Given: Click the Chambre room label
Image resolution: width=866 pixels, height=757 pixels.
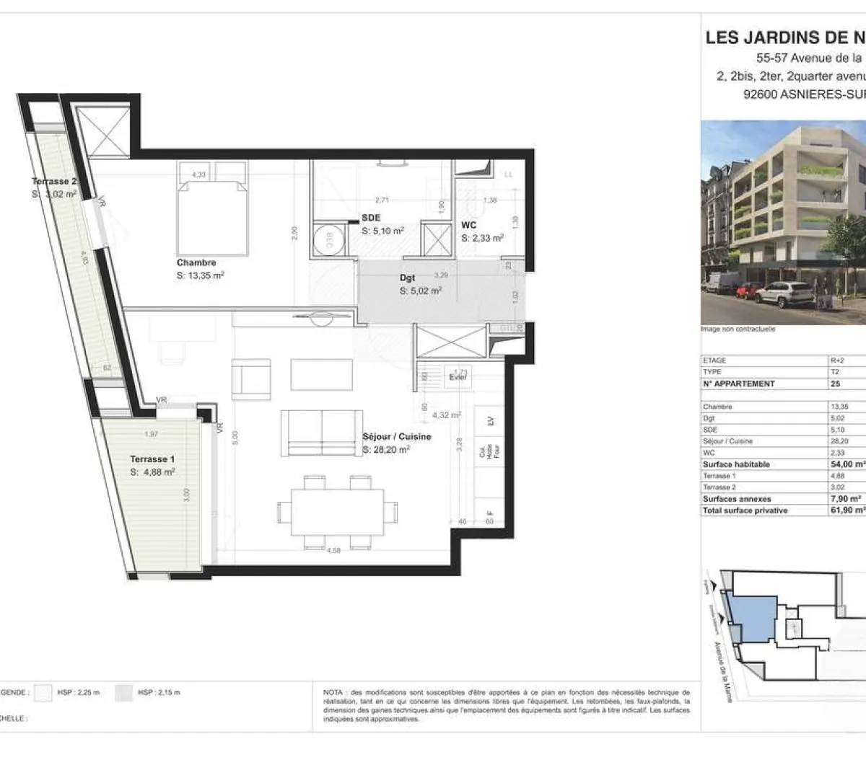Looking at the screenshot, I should tap(196, 263).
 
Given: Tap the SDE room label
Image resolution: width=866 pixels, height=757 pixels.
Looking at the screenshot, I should tap(371, 218).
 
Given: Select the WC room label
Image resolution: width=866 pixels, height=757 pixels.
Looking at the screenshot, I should tap(469, 226).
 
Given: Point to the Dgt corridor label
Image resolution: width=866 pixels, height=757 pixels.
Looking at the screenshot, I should tap(408, 278).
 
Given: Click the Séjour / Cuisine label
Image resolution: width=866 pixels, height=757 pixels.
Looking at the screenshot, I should tap(397, 437).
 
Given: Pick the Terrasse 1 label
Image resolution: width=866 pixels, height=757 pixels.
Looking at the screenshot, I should tap(152, 459).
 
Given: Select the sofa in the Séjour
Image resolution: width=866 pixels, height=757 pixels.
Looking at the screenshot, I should tap(321, 433).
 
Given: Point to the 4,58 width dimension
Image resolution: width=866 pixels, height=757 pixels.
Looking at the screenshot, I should tap(333, 552).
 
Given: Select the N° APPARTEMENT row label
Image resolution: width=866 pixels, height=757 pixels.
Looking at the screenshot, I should tap(738, 384).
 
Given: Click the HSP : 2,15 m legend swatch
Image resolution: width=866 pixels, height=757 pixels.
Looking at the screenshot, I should tap(124, 693).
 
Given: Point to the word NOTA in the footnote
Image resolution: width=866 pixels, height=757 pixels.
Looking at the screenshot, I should tap(333, 693).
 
